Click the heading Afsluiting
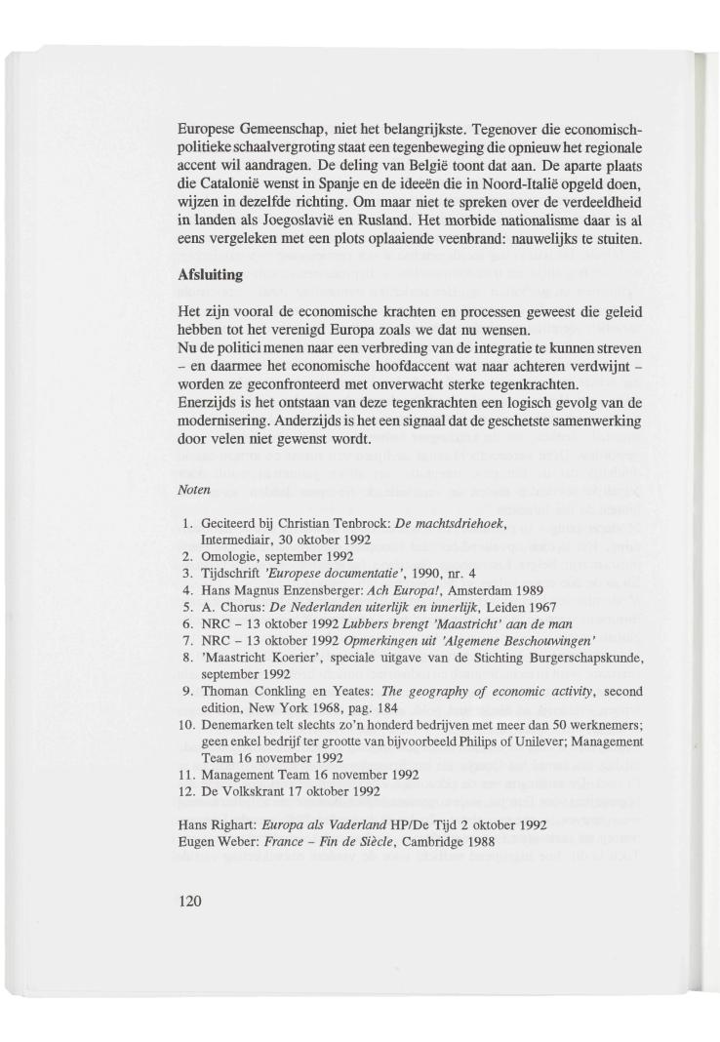point(210,276)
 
